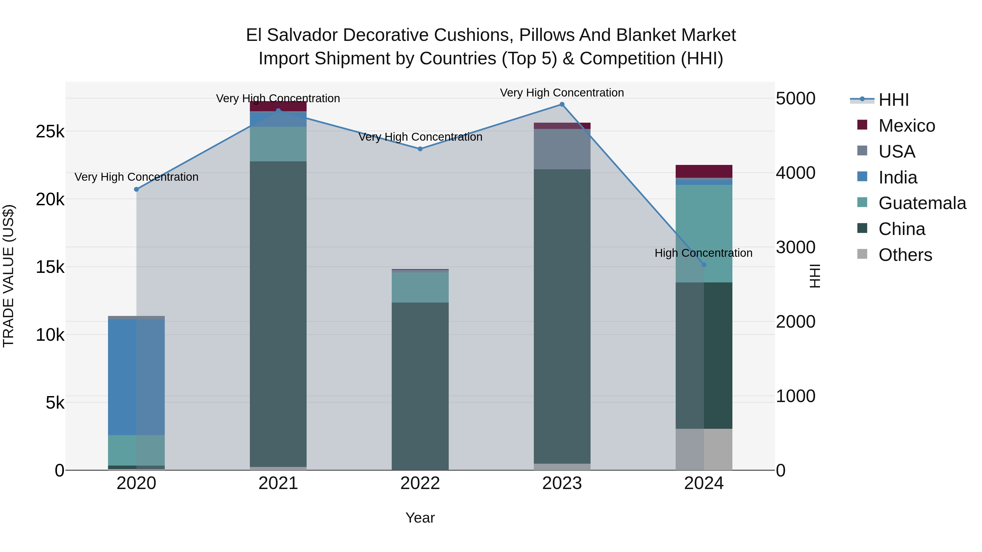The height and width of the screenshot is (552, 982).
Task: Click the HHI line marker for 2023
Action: click(562, 104)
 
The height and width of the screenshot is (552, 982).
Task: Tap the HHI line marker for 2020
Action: click(136, 189)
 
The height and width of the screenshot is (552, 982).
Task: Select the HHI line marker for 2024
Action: click(704, 265)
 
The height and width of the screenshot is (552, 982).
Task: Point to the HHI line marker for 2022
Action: click(420, 149)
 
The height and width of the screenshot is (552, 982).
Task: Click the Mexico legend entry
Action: click(906, 126)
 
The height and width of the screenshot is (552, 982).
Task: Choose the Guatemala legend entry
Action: click(922, 203)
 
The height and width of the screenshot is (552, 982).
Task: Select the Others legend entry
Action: click(905, 255)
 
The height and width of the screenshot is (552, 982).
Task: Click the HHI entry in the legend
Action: click(893, 100)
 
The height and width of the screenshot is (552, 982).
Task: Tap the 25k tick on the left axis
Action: click(50, 132)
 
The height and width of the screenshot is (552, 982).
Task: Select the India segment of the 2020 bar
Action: click(136, 377)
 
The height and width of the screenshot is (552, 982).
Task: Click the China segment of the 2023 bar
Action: click(562, 316)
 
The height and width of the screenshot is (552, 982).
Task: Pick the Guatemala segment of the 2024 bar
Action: click(704, 233)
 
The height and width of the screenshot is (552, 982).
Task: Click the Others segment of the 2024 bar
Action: click(704, 450)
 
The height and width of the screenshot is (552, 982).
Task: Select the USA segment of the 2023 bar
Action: click(562, 149)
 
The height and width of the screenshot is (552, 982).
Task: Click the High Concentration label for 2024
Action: click(703, 253)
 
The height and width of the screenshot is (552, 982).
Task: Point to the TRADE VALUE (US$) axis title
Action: click(8, 276)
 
